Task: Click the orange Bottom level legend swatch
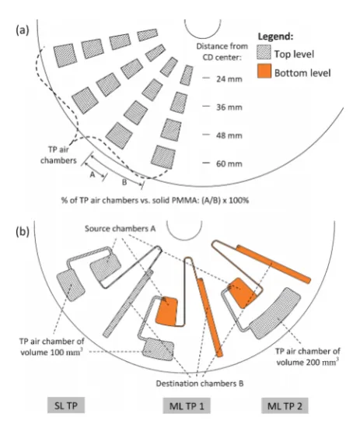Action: [264, 71]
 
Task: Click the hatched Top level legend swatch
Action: [264, 52]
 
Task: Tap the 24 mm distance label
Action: [229, 79]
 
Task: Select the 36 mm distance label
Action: [229, 107]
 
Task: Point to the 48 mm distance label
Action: [229, 135]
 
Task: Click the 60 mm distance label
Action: [229, 163]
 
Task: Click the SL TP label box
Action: [66, 405]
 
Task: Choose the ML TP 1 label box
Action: [187, 405]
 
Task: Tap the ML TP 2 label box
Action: [285, 405]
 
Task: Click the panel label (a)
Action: [23, 30]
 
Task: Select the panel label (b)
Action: [23, 232]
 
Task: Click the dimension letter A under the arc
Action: [93, 175]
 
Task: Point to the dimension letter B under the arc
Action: [124, 182]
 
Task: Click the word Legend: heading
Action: [275, 37]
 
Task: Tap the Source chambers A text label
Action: [121, 229]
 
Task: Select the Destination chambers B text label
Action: [200, 383]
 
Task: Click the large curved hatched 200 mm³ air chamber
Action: [275, 313]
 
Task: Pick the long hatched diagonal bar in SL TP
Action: [128, 303]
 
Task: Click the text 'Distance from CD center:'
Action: [222, 51]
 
